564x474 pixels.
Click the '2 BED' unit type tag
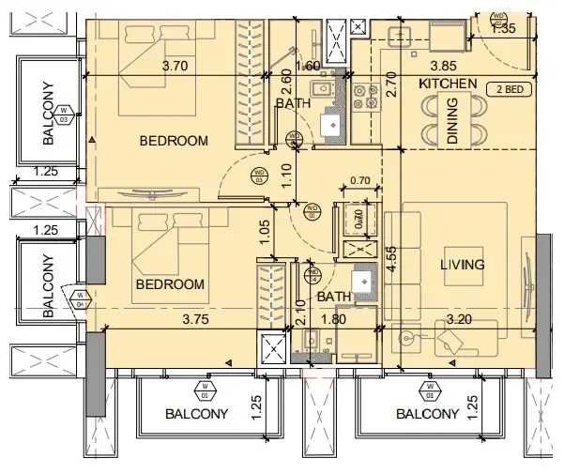pos(507,90)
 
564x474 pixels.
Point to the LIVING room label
pos(463,265)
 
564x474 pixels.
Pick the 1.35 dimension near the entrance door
pos(504,29)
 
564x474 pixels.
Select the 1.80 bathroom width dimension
pos(335,319)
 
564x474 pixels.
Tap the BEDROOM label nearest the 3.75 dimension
pos(170,283)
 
